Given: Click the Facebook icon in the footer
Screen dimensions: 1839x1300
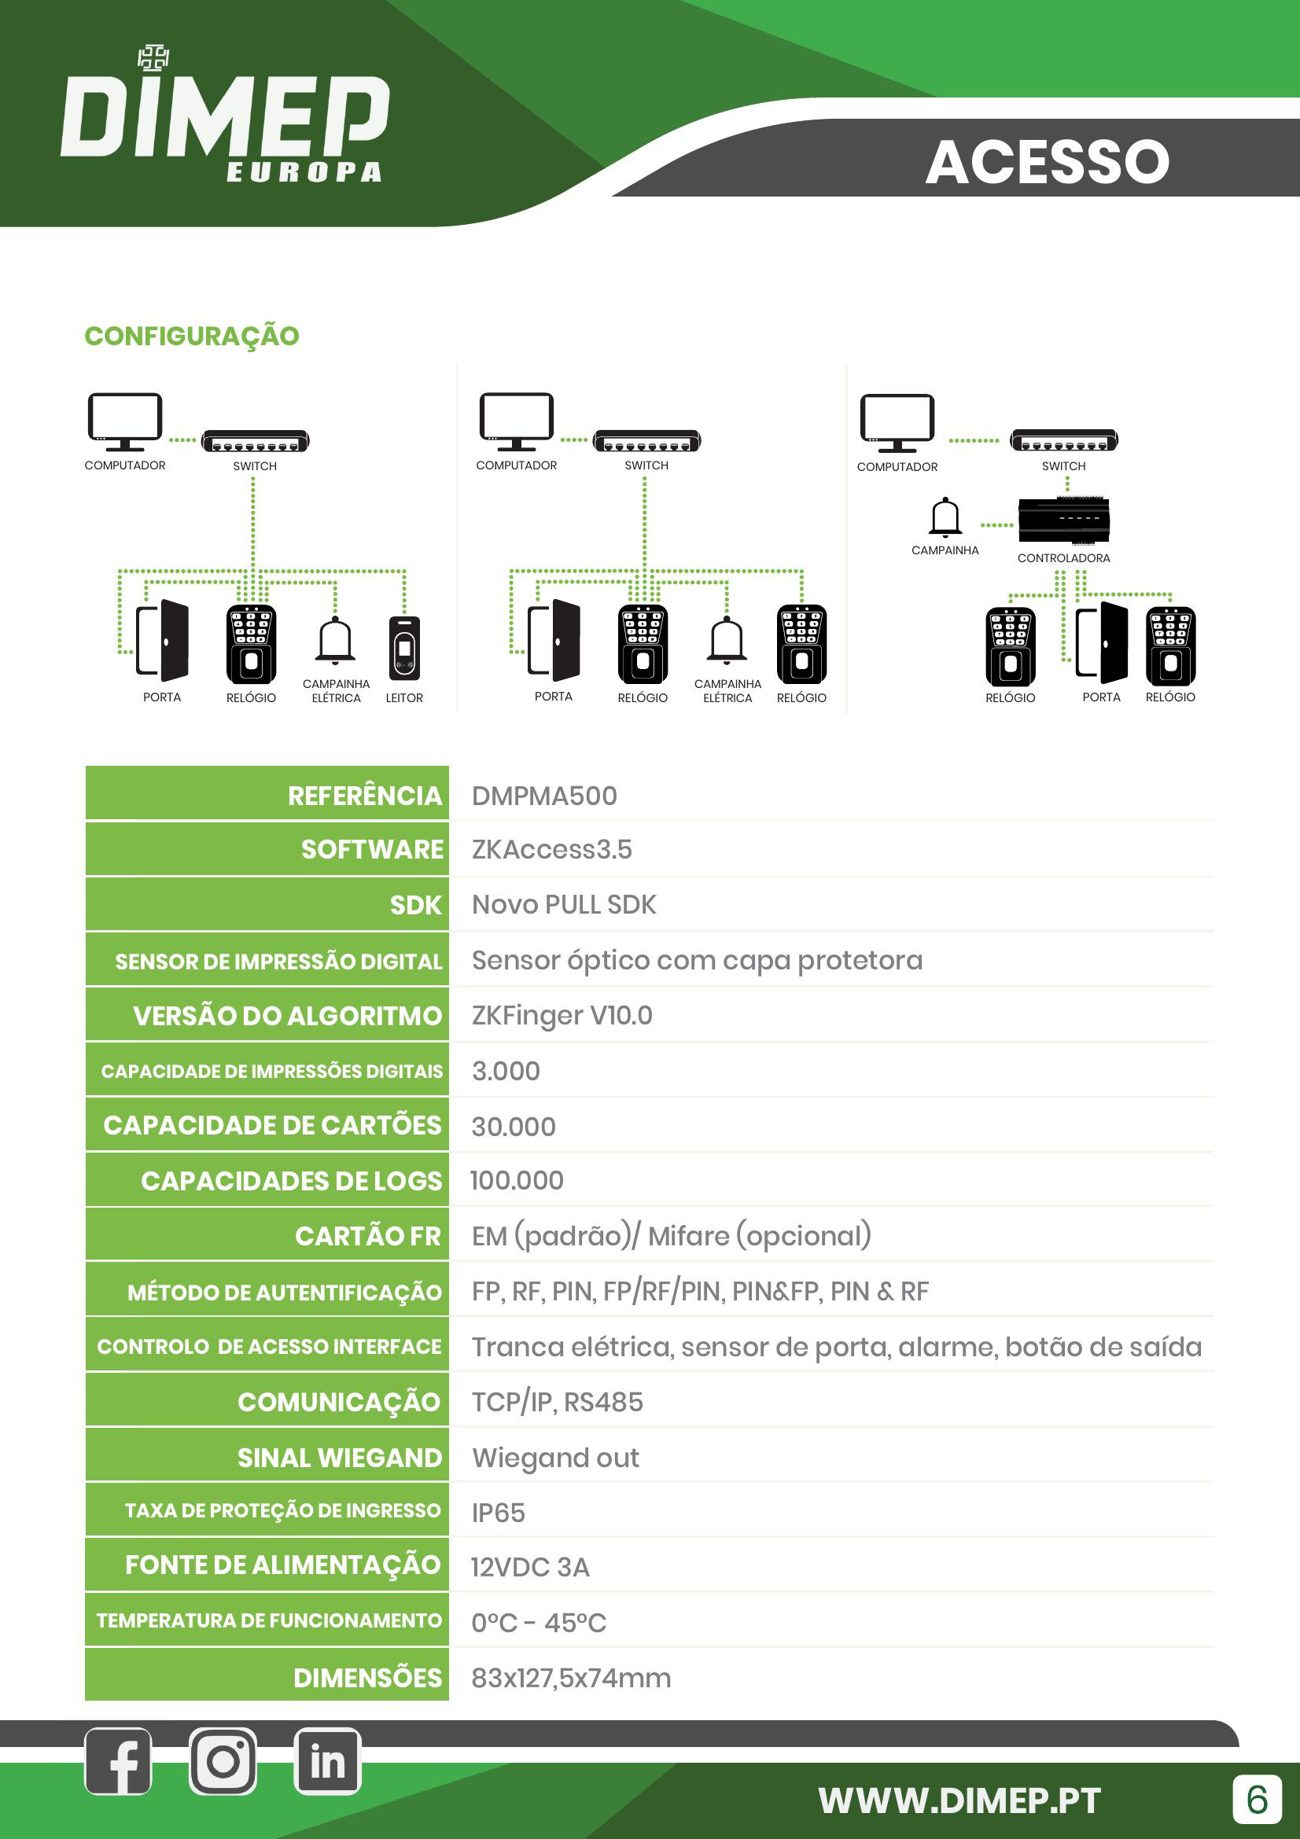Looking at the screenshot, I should pyautogui.click(x=118, y=1761).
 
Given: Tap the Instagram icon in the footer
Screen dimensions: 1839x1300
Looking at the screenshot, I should pyautogui.click(x=223, y=1761).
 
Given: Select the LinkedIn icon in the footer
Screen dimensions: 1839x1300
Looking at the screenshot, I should pyautogui.click(x=327, y=1761).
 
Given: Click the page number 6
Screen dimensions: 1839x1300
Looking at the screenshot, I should pyautogui.click(x=1257, y=1800).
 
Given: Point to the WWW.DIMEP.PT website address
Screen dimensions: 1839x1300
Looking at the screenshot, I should pyautogui.click(x=959, y=1800).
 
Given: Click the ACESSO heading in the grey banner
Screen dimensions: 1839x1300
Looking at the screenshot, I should pyautogui.click(x=1047, y=162).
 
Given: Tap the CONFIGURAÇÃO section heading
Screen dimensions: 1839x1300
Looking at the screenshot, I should pyautogui.click(x=191, y=337).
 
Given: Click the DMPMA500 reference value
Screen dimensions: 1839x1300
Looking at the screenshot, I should pyautogui.click(x=544, y=796).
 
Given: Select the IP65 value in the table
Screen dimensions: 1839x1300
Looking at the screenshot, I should pyautogui.click(x=498, y=1513).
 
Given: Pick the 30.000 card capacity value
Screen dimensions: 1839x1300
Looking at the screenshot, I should pyautogui.click(x=514, y=1127).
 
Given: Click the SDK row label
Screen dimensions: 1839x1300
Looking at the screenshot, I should pyautogui.click(x=415, y=905).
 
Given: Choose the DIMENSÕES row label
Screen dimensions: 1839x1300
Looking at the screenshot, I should pyautogui.click(x=366, y=1678).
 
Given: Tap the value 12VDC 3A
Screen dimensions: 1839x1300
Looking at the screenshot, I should pyautogui.click(x=530, y=1568).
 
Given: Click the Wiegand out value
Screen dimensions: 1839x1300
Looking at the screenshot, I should pyautogui.click(x=555, y=1458).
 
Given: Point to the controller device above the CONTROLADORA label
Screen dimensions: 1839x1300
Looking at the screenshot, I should pyautogui.click(x=1064, y=519).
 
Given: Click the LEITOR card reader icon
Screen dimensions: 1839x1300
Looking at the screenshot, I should pyautogui.click(x=404, y=647).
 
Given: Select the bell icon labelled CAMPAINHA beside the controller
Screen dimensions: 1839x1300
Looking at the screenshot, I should pyautogui.click(x=945, y=517).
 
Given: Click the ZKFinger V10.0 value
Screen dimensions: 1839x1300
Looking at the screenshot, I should pyautogui.click(x=562, y=1016).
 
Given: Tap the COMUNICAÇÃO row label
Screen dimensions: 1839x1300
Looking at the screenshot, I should pyautogui.click(x=339, y=1403).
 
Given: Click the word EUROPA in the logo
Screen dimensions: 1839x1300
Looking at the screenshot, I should pyautogui.click(x=304, y=172).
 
